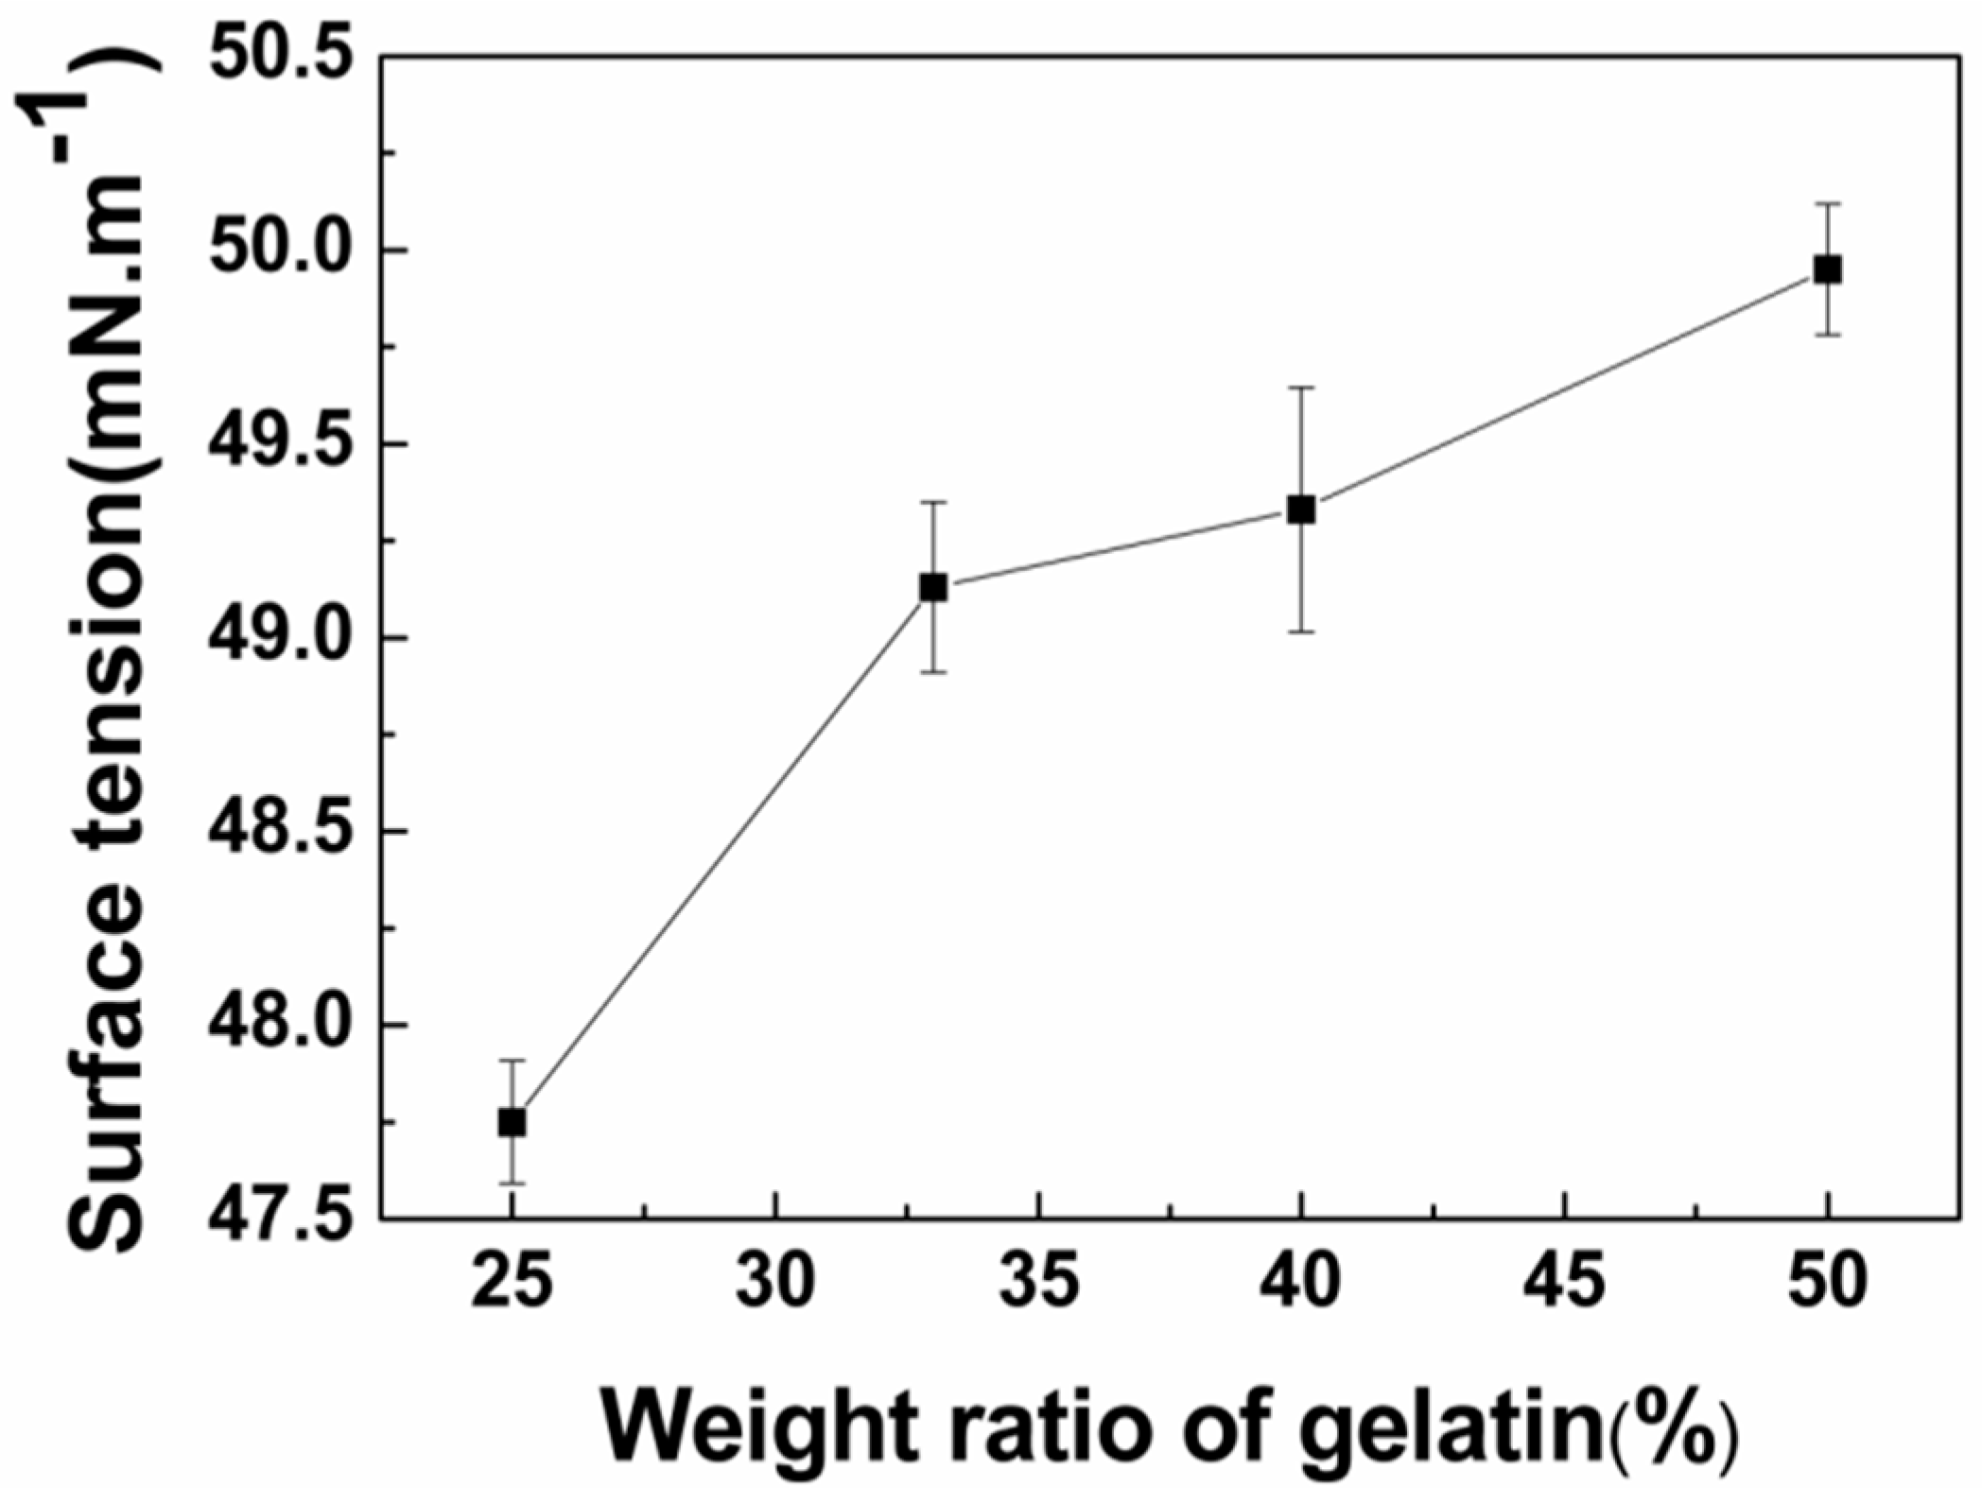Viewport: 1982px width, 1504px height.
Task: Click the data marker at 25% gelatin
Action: click(512, 1122)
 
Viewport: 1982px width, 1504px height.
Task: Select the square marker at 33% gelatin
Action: click(933, 587)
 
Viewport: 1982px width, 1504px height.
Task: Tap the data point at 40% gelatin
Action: click(1301, 510)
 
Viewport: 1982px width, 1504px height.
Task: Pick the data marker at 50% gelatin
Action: click(1828, 269)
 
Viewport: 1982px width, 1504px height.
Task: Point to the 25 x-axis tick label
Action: click(512, 1283)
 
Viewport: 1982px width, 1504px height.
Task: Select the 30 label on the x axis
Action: click(775, 1283)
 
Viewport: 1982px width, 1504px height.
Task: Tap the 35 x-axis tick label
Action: click(1039, 1283)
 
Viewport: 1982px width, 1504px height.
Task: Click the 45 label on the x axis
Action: click(1566, 1283)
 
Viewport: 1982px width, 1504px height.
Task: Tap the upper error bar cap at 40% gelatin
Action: click(1301, 388)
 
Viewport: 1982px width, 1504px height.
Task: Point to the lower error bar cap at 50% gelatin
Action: click(1828, 335)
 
